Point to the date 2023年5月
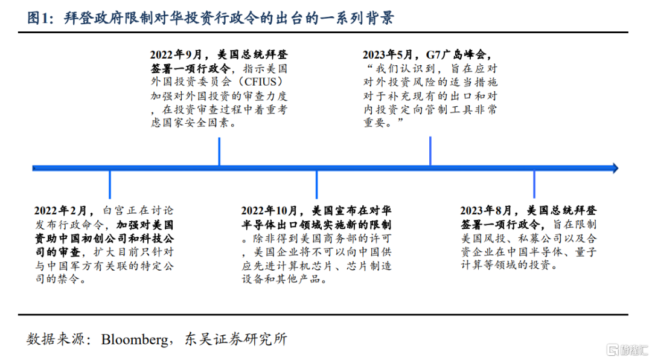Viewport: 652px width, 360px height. tap(388, 55)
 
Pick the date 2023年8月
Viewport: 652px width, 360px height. tap(486, 211)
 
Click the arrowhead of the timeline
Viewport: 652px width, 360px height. tap(615, 168)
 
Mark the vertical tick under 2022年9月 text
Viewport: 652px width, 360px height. tap(219, 152)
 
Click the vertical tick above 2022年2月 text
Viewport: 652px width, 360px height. tap(110, 184)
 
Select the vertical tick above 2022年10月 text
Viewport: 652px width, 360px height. tap(316, 184)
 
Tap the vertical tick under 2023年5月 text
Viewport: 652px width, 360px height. tap(430, 151)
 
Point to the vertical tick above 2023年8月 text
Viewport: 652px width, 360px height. tap(534, 184)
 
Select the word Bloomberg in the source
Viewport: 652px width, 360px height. tap(134, 339)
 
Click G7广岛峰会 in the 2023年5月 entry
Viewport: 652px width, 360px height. tap(456, 55)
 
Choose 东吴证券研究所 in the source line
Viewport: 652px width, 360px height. tap(235, 339)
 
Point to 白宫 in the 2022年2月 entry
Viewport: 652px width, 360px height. tap(113, 211)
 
